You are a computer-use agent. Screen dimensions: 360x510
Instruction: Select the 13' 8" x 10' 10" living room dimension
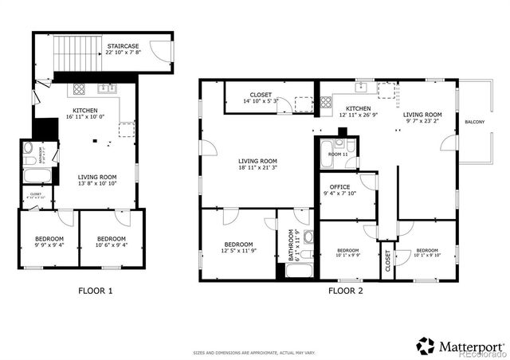[x=96, y=184]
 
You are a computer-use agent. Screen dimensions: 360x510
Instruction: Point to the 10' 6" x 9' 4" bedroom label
[x=111, y=242]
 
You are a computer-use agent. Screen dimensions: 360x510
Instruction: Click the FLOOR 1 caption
[x=95, y=291]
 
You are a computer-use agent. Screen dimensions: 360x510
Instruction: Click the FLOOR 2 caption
[x=345, y=291]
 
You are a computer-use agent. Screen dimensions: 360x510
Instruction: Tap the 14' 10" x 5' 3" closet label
[x=261, y=98]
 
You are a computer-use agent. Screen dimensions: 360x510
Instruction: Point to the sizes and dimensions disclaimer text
[x=254, y=353]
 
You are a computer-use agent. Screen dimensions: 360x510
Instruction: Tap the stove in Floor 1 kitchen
[x=80, y=88]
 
